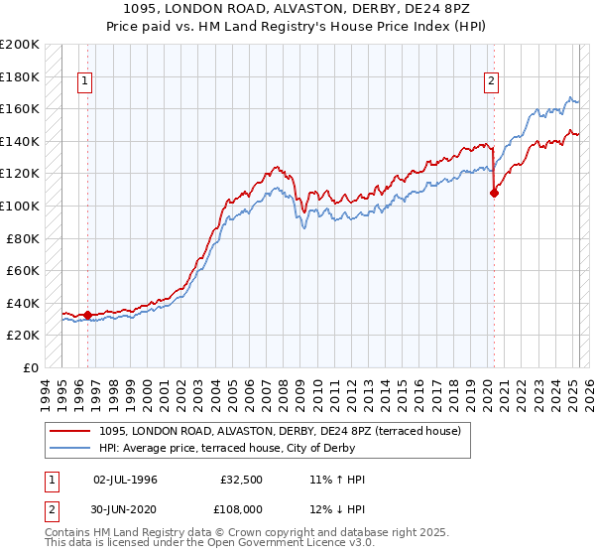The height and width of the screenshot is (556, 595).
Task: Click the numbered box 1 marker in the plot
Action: tap(85, 82)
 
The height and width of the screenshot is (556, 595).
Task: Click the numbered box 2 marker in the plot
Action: tap(491, 82)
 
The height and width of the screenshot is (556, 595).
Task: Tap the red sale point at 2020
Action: tap(494, 194)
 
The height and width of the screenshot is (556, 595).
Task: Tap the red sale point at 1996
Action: tap(87, 316)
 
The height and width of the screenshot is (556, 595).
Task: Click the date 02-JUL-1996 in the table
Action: tap(124, 480)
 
